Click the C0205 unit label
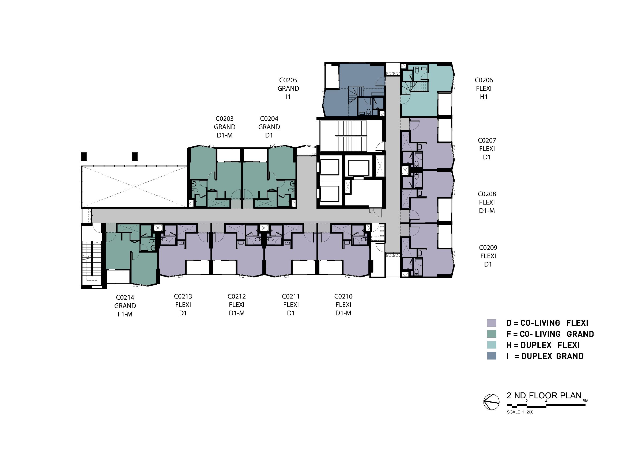(x=288, y=80)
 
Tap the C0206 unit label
(x=484, y=80)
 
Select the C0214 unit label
(x=125, y=298)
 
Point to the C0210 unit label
(x=343, y=297)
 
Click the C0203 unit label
(x=225, y=119)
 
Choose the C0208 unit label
(x=487, y=194)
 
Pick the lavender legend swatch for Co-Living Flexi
(x=492, y=323)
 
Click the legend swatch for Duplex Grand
(x=492, y=356)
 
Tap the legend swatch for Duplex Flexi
(x=492, y=345)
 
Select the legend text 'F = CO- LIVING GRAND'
(x=550, y=334)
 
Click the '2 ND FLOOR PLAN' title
(x=544, y=395)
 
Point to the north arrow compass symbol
(x=491, y=402)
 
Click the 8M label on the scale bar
(x=585, y=401)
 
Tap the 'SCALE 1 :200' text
(x=520, y=412)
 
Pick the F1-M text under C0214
(x=125, y=314)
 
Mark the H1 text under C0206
(x=484, y=97)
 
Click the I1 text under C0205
(x=288, y=97)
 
